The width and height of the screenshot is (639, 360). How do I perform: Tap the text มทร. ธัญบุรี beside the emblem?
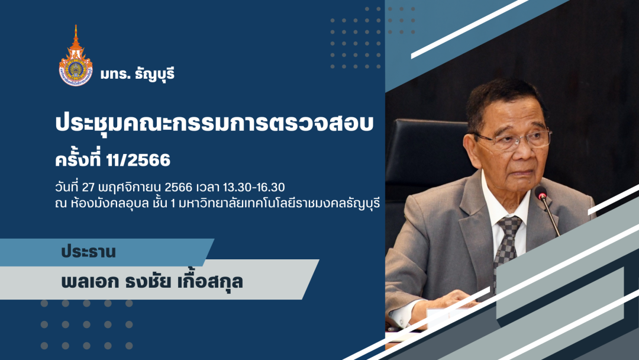pyautogui.click(x=137, y=74)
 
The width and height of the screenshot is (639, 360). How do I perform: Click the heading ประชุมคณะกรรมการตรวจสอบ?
pyautogui.click(x=214, y=123)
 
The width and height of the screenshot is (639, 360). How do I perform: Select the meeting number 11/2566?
pyautogui.click(x=138, y=160)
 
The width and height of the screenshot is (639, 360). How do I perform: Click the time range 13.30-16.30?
pyautogui.click(x=253, y=187)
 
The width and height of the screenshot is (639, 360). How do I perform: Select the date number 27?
pyautogui.click(x=88, y=187)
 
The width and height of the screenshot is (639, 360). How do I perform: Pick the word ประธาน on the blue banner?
pyautogui.click(x=88, y=252)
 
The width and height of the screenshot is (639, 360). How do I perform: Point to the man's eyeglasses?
pyautogui.click(x=514, y=139)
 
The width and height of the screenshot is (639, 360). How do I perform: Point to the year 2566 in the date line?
pyautogui.click(x=179, y=187)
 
